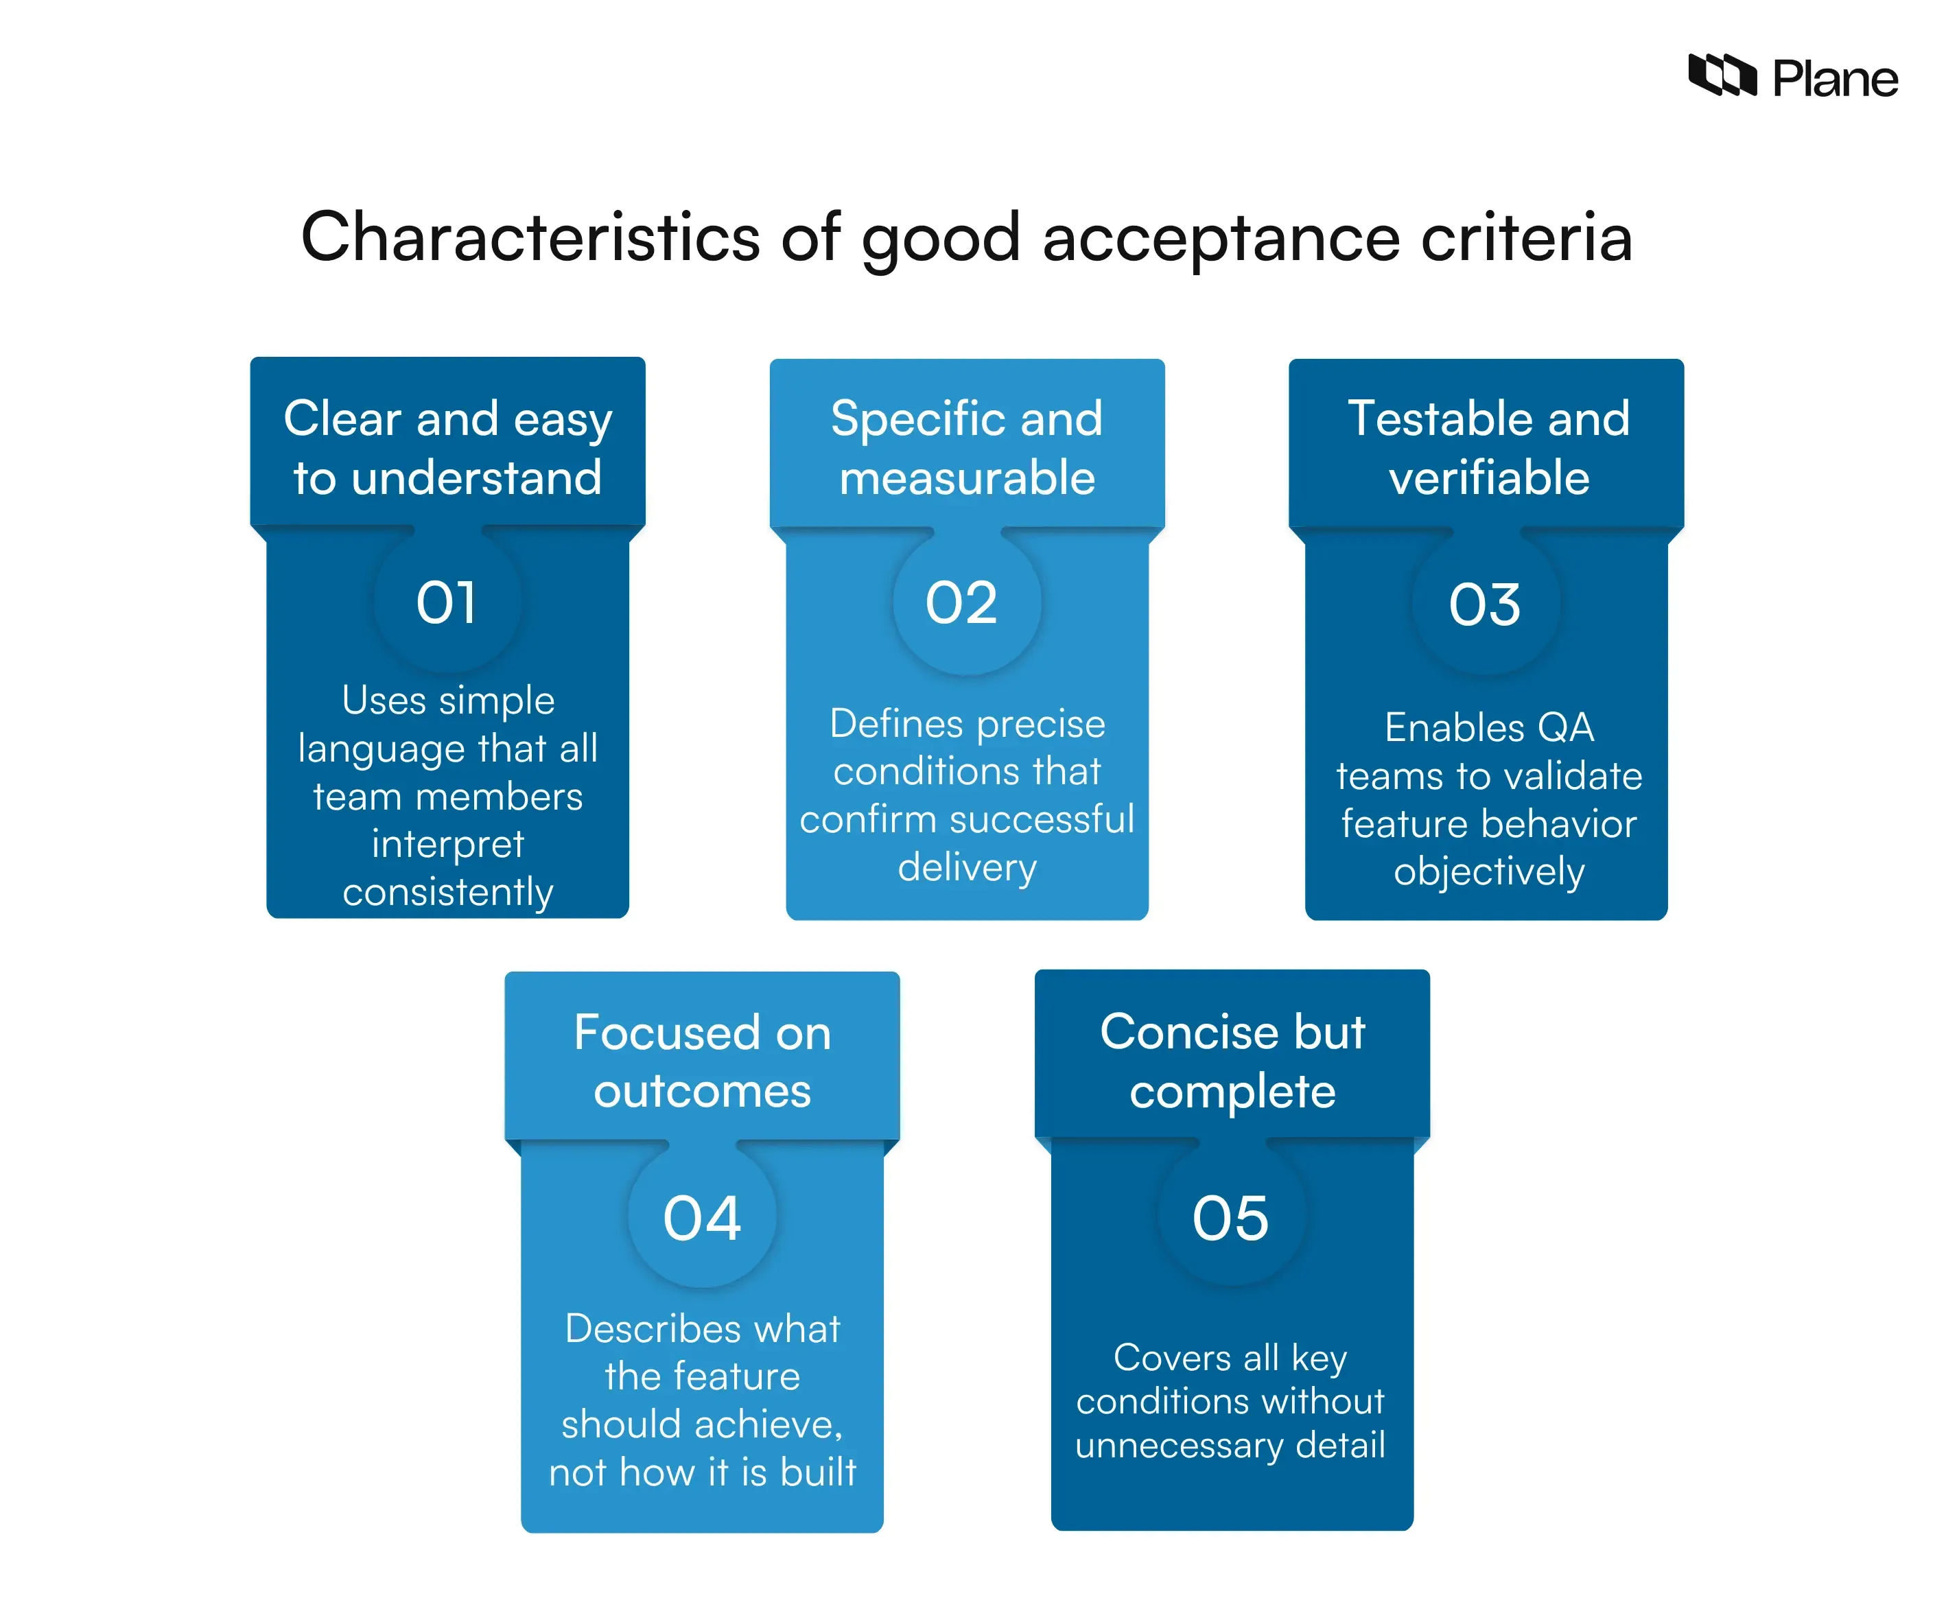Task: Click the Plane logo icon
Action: (1721, 75)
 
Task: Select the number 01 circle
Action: (447, 604)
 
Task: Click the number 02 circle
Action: (964, 604)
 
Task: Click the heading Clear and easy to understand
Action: (448, 448)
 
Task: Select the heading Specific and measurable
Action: (967, 448)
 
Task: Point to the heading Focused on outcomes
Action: (702, 1061)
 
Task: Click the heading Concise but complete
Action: (1232, 1061)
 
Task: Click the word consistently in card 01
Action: (448, 892)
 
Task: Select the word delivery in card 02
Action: (967, 867)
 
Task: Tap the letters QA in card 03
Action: (1564, 728)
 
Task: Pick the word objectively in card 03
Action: (1488, 871)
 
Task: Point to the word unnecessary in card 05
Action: (1180, 1445)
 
